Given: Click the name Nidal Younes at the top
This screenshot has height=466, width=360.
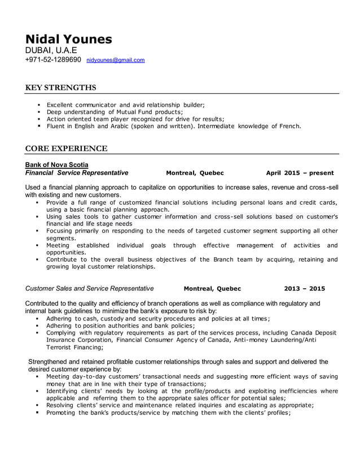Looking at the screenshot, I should click(x=69, y=39).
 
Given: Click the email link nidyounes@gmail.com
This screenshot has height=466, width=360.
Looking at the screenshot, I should click(x=116, y=60).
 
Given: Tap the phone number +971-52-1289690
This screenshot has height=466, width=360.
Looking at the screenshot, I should click(x=53, y=59).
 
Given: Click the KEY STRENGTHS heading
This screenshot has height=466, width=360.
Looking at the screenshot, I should click(x=61, y=87).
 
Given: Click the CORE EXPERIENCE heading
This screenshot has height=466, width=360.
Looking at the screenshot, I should click(x=67, y=148).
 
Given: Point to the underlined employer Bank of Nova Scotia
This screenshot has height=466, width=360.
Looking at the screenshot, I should click(x=56, y=165).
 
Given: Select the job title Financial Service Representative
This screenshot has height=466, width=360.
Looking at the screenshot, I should click(x=77, y=173).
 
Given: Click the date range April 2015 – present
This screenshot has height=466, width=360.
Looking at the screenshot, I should click(x=300, y=173).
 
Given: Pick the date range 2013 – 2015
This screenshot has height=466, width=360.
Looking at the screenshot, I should click(x=304, y=288).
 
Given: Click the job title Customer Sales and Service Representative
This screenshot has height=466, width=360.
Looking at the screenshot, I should click(x=90, y=288).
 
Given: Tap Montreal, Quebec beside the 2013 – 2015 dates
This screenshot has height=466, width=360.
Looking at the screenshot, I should click(x=212, y=288).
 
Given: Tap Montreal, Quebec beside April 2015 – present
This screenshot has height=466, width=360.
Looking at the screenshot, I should click(x=195, y=173).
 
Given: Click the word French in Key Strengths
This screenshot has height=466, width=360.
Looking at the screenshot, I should click(x=289, y=126).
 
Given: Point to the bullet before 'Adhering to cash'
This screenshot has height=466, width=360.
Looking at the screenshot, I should click(x=37, y=319).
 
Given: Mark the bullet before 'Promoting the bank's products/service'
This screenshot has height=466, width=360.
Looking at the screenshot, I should click(x=37, y=412).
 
